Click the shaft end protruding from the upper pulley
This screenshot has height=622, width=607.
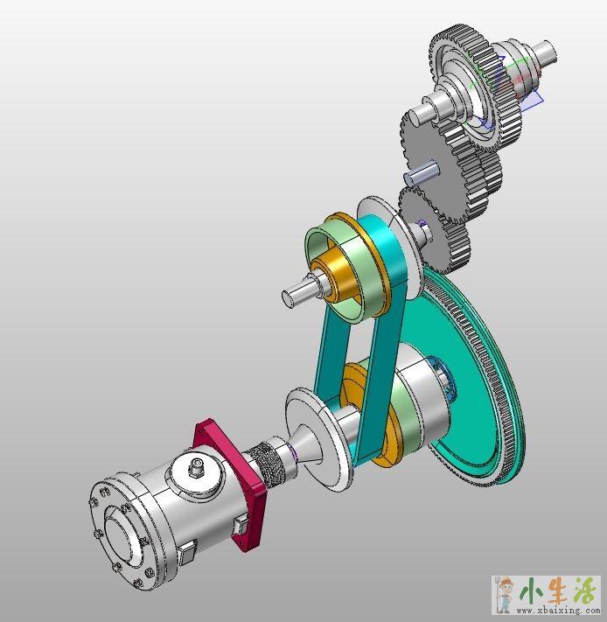[297, 291]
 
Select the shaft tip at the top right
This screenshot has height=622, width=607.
[544, 52]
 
